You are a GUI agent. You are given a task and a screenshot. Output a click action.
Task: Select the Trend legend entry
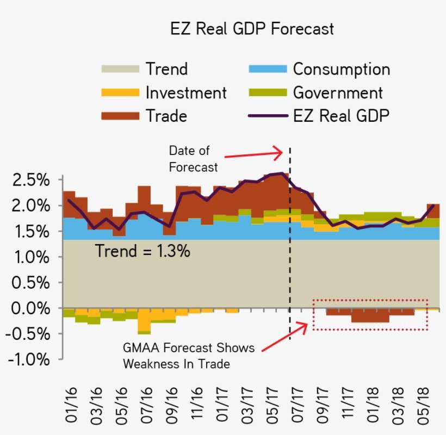pos(166,69)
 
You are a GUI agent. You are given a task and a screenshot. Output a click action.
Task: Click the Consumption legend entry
pos(340,69)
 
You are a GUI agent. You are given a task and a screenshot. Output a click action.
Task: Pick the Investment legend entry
pos(185,92)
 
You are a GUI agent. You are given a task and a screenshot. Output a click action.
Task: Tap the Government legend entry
pos(337,92)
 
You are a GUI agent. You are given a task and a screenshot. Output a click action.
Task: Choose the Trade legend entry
pos(166,116)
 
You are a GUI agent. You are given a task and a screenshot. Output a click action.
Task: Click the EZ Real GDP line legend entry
pos(341,116)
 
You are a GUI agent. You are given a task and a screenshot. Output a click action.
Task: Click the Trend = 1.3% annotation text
pos(143,251)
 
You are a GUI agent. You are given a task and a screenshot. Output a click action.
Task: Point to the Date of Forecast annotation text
pos(193,159)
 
